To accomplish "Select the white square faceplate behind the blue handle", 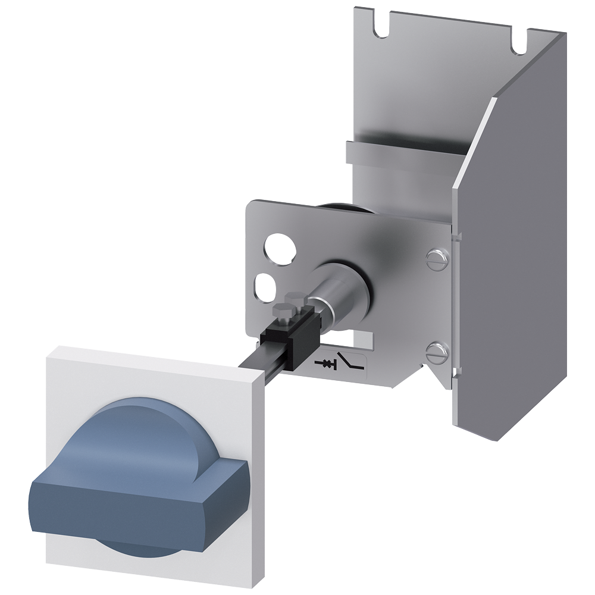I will pos(71,387).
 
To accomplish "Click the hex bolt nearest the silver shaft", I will pos(296,297).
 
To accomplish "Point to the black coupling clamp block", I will pos(292,339).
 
